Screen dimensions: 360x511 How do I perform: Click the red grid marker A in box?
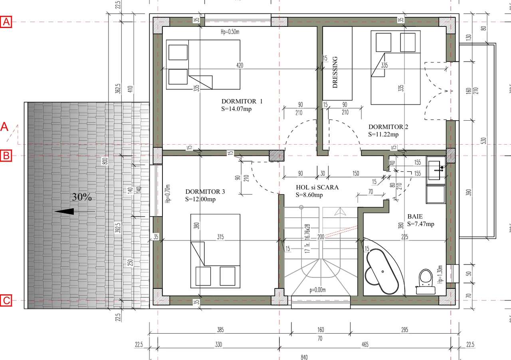[x=6, y=22]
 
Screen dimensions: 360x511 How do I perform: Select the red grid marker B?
[x=6, y=156]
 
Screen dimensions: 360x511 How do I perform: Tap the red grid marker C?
[x=6, y=300]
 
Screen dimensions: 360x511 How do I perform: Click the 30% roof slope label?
[x=82, y=197]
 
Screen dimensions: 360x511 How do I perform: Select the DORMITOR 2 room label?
[x=388, y=127]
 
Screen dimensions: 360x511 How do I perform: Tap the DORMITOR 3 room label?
[x=205, y=192]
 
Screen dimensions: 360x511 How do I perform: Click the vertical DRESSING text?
[x=335, y=72]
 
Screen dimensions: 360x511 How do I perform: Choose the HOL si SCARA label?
[x=317, y=187]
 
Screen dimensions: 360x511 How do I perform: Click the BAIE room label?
[x=415, y=216]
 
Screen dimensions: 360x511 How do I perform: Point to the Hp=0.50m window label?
[x=230, y=32]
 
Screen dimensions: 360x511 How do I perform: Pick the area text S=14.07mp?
[x=236, y=108]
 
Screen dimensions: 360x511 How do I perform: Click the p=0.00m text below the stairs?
[x=318, y=290]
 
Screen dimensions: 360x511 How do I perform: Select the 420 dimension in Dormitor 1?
[x=240, y=65]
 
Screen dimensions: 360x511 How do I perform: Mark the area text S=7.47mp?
[x=420, y=224]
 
